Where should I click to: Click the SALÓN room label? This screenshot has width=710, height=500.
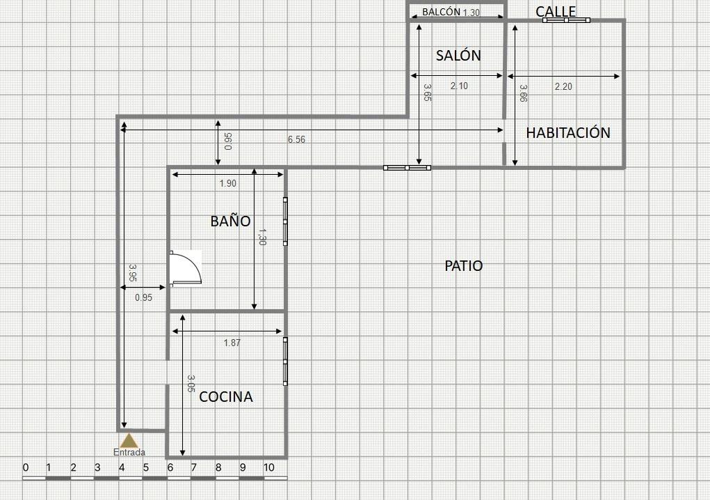458,55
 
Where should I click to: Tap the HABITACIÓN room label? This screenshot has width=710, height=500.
568,132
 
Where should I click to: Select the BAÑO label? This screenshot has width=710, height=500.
230,221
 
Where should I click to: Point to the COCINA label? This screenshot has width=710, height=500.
226,397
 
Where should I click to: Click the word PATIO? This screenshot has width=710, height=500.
464,265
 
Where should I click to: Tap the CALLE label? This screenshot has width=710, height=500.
556,11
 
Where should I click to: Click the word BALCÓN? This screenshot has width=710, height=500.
441,13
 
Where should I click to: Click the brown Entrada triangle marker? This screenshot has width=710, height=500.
129,441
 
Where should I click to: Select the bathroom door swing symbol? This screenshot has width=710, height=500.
186,268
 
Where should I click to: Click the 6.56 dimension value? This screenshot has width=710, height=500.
297,139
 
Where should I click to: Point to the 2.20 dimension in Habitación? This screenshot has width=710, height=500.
563,86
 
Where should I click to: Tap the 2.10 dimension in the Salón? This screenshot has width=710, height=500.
459,86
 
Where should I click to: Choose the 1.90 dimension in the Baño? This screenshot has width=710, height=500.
228,184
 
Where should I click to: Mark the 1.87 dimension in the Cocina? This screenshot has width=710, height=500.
232,343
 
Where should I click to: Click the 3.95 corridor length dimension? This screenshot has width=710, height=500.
133,273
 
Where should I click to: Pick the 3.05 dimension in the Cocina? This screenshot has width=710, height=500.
191,384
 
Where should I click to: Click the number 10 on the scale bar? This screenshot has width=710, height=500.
269,468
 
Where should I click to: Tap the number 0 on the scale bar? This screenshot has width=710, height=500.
25,468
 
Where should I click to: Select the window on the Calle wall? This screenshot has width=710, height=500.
566,20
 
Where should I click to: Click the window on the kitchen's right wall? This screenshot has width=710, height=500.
285,361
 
